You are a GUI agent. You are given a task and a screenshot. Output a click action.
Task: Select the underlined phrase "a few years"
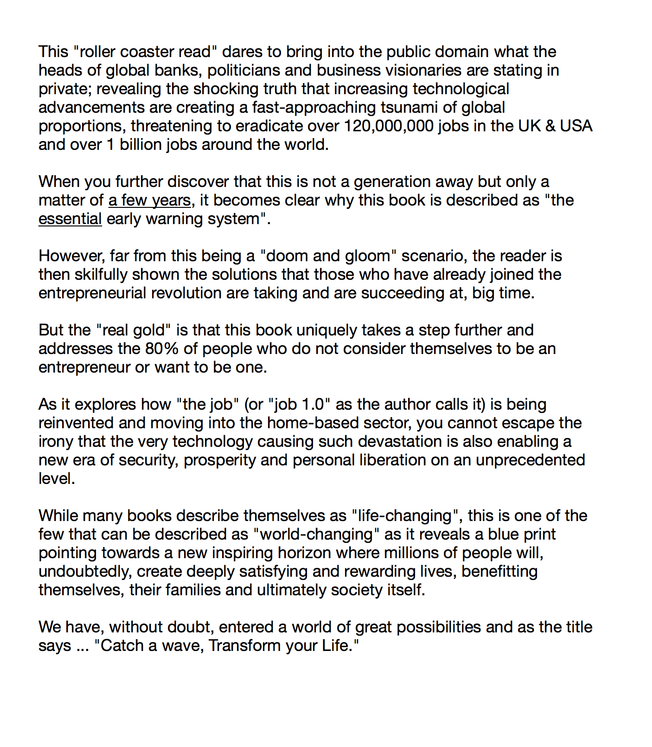click(149, 200)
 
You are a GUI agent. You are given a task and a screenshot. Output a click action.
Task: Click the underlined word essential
click(70, 219)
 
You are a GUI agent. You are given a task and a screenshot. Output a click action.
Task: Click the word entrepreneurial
click(92, 293)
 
